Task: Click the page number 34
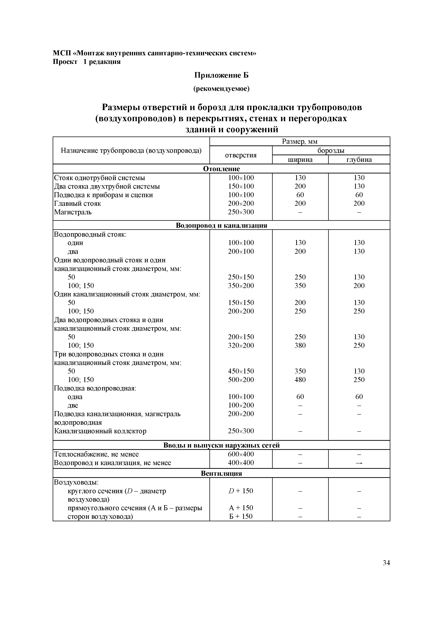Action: coord(386,563)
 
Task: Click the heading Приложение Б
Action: coord(221,75)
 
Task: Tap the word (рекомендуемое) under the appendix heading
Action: coord(221,89)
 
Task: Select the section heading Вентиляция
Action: coord(221,473)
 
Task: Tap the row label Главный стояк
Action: coord(77,204)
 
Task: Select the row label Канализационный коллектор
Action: coord(100,431)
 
